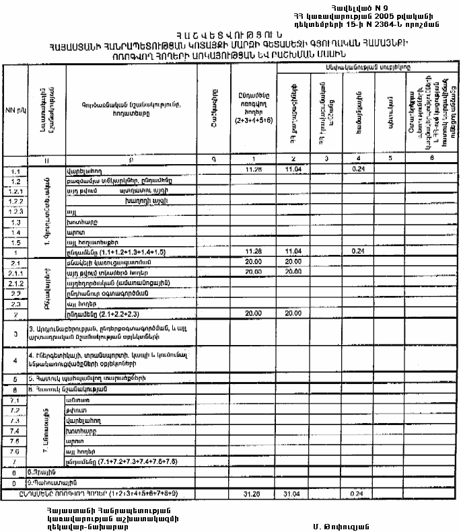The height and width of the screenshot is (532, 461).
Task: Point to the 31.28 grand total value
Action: click(250, 494)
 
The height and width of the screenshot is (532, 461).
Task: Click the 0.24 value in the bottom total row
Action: click(357, 494)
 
